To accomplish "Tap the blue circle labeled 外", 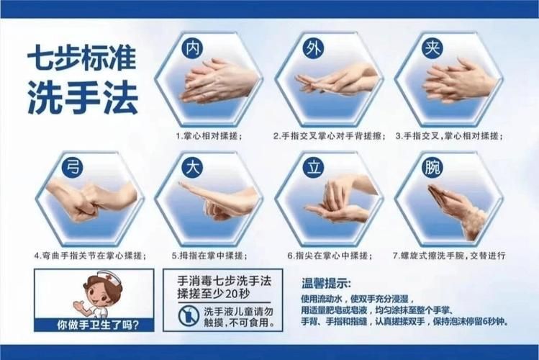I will click(x=313, y=48).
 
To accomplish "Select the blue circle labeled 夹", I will click(x=432, y=48).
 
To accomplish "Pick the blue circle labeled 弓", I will click(x=71, y=167).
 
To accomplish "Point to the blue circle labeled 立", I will click(x=313, y=167).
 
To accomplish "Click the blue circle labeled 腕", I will click(x=432, y=167).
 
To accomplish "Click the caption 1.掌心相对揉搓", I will click(x=209, y=135).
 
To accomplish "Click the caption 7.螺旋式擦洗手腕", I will click(x=450, y=255).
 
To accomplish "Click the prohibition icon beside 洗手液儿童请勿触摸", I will click(x=188, y=315).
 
